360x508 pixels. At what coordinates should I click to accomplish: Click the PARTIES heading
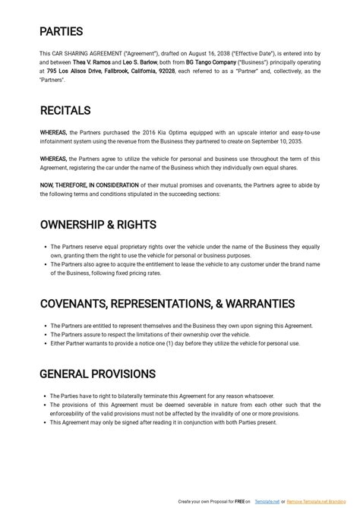pos(62,32)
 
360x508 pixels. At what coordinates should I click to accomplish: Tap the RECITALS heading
pos(65,111)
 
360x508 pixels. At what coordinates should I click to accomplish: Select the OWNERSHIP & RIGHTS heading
pos(98,225)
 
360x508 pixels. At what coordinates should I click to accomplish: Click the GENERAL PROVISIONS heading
pos(97,374)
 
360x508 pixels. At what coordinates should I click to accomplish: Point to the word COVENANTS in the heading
pos(73,304)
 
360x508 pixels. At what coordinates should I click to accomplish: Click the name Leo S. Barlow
pos(139,62)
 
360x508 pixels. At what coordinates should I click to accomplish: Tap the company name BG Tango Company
pos(212,62)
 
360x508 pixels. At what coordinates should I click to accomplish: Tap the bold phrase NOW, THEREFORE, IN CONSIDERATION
pos(89,185)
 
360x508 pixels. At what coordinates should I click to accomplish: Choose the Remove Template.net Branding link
pos(318,502)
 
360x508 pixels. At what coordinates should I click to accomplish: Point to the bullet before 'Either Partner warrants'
pos(46,343)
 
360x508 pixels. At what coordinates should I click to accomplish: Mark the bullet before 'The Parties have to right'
pos(46,396)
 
